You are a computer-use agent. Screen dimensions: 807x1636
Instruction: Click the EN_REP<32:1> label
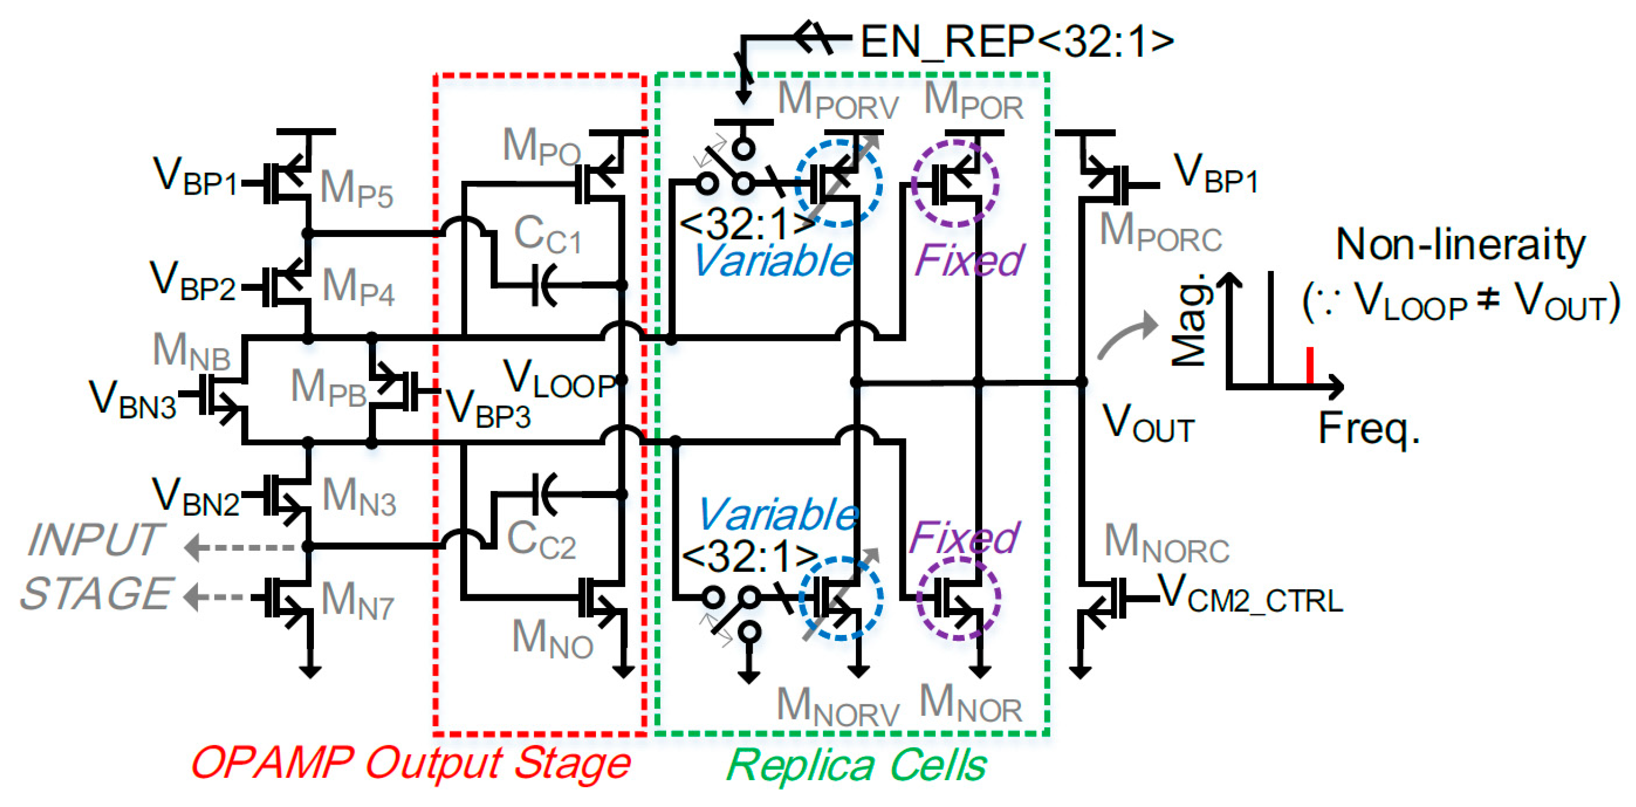coord(1016,41)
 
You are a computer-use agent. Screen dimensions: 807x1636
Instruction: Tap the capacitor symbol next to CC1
coord(544,285)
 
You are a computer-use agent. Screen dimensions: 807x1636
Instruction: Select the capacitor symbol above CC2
coord(544,493)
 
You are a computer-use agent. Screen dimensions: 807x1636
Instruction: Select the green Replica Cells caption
coord(855,765)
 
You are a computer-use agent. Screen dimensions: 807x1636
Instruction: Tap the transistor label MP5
coord(356,189)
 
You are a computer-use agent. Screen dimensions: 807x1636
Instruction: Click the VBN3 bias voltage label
coord(132,400)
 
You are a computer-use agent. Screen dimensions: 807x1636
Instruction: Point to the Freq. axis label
coord(1369,429)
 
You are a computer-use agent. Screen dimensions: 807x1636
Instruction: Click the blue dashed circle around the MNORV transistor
coord(840,598)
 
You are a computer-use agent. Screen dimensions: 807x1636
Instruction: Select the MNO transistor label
coord(552,638)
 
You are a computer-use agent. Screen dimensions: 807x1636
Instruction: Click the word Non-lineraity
coord(1460,245)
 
